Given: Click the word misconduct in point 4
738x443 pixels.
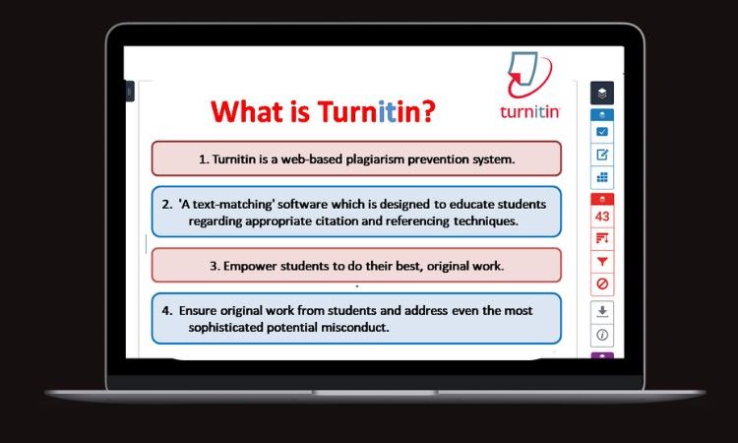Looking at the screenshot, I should click(348, 328).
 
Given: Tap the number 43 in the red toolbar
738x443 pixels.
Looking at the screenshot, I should click(602, 217).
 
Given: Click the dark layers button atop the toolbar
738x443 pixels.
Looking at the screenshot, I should click(602, 93).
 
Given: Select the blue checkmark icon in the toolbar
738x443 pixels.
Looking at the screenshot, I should click(602, 132).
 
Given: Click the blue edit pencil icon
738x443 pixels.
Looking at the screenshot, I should click(602, 155).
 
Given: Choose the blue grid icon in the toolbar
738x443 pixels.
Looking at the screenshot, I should click(602, 177).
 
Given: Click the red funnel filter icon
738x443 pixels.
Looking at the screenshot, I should click(602, 262).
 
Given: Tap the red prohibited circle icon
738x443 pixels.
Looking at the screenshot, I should click(602, 284).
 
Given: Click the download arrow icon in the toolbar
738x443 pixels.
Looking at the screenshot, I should click(602, 311).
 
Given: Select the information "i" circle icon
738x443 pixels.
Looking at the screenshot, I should click(602, 335).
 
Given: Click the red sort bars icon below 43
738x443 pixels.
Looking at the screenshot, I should click(602, 239).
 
